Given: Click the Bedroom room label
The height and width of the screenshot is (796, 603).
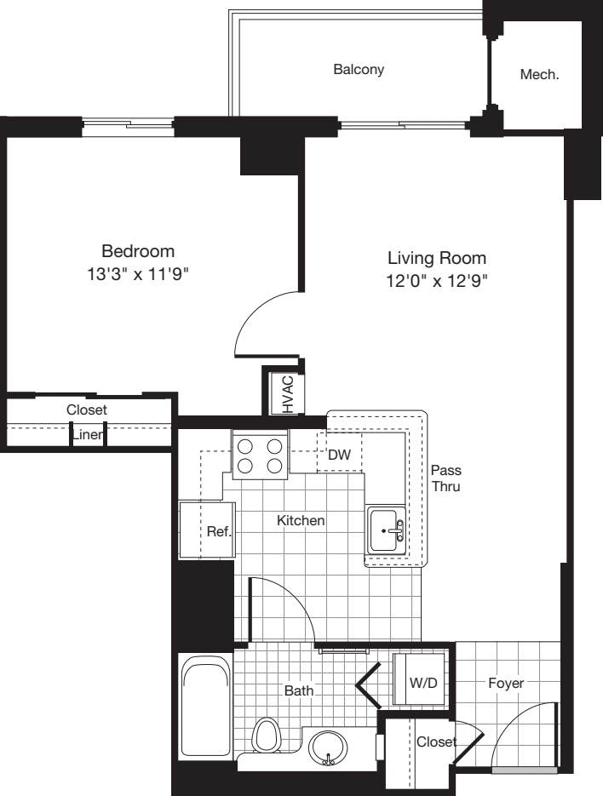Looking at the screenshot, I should (x=138, y=251).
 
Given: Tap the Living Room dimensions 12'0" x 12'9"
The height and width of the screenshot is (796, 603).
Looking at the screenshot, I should (x=437, y=281).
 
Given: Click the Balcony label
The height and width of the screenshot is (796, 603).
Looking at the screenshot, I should (x=359, y=70).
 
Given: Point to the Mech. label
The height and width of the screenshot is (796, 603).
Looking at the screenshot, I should (x=539, y=75).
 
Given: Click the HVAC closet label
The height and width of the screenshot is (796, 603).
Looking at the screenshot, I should (x=287, y=394).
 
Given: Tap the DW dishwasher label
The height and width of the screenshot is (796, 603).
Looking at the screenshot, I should (x=339, y=455).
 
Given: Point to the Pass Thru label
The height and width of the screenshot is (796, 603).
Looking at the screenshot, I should (x=445, y=478).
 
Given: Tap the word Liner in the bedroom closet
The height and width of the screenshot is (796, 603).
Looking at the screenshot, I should (x=87, y=435).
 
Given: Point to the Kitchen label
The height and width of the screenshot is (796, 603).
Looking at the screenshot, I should (x=301, y=520).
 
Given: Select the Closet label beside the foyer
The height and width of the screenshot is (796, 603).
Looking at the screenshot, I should (x=435, y=742).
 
